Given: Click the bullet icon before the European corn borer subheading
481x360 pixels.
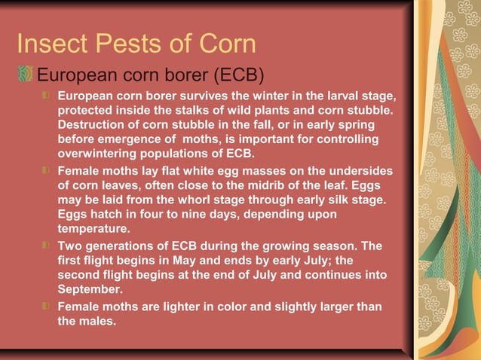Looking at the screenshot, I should pyautogui.click(x=27, y=76).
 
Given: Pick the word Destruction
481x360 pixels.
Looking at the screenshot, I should pyautogui.click(x=93, y=124).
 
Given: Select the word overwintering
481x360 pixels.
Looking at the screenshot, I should pyautogui.click(x=99, y=153).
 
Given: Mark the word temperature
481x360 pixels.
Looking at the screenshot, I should pyautogui.click(x=93, y=228).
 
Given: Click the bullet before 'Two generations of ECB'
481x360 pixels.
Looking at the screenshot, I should pyautogui.click(x=47, y=246).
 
